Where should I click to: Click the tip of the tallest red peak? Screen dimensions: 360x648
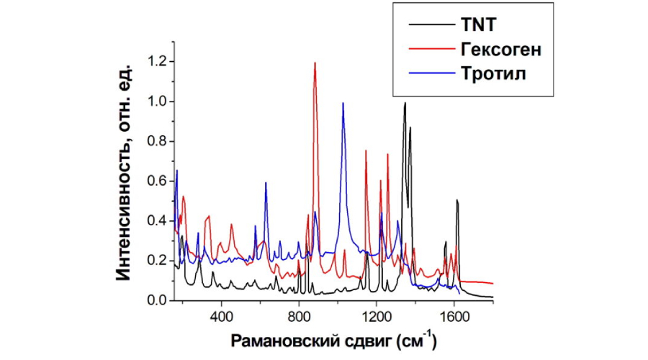315,63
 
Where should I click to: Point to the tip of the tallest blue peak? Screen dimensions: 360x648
343,103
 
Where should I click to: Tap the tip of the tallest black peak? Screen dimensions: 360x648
405,102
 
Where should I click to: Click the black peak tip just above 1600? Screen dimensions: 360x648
456,200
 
